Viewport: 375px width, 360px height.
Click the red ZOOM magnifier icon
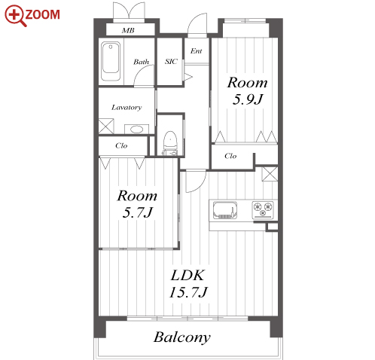pos(16,15)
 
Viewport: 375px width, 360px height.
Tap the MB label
pos(128,31)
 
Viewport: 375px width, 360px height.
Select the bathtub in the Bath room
pos(111,61)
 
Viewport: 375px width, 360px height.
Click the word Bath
pos(141,62)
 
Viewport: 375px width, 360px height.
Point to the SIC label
pos(171,62)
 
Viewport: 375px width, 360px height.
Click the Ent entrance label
pos(196,51)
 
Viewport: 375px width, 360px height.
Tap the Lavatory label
pos(127,108)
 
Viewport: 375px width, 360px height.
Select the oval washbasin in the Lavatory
pos(136,130)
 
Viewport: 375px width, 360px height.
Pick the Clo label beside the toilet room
pos(121,145)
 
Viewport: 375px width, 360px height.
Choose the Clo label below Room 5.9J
pos(230,156)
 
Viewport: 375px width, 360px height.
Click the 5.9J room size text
pos(247,99)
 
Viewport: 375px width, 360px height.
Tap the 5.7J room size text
pos(137,212)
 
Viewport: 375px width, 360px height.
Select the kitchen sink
pos(225,210)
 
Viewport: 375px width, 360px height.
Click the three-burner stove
pos(263,209)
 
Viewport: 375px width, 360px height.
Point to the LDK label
pos(187,275)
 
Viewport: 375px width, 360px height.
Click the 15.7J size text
pos(188,292)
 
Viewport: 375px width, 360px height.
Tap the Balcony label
pos(182,337)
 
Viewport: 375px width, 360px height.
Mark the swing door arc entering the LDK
pos(200,185)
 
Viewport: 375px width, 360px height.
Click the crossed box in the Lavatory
pos(106,126)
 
